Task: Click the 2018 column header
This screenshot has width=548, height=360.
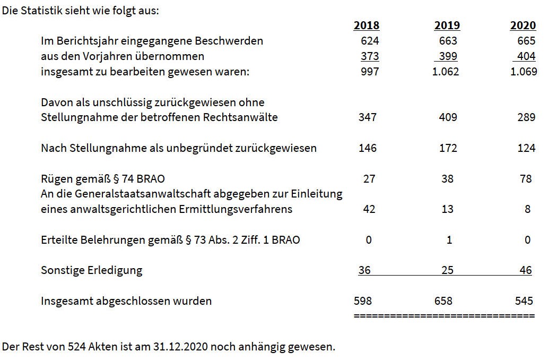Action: (x=367, y=25)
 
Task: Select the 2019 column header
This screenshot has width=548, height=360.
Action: (x=447, y=25)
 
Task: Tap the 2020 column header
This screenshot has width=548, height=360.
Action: (x=523, y=25)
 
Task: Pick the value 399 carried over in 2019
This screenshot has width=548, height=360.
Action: (x=448, y=56)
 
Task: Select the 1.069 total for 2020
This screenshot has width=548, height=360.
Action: (x=524, y=72)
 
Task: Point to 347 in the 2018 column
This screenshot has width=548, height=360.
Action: (x=368, y=117)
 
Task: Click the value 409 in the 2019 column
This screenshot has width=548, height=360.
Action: (x=448, y=117)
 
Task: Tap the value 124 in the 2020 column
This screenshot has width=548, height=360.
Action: (x=526, y=148)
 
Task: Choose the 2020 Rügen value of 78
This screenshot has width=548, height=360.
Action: (x=526, y=179)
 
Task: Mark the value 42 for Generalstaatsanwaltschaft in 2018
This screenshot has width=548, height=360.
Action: (x=369, y=209)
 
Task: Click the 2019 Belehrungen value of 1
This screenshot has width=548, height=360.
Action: (x=449, y=240)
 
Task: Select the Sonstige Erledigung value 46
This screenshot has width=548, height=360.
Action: (x=526, y=270)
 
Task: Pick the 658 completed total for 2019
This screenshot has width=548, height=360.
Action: (x=443, y=301)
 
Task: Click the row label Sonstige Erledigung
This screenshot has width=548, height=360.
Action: (x=92, y=270)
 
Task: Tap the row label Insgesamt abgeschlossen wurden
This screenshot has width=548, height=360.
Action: (x=126, y=301)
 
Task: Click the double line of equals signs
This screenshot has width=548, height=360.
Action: (x=444, y=315)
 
